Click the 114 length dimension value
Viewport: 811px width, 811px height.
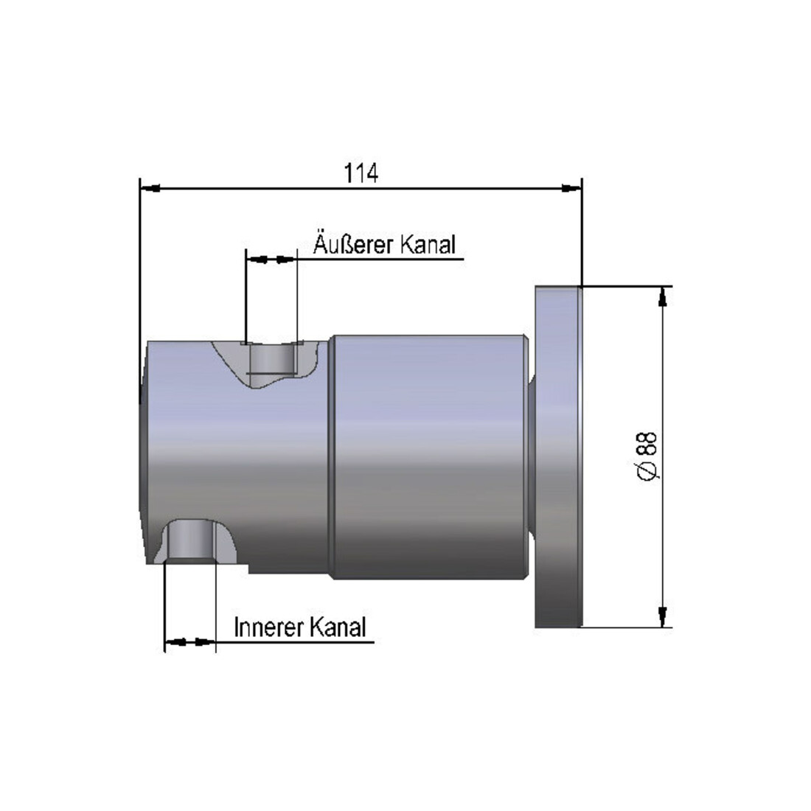click(x=361, y=173)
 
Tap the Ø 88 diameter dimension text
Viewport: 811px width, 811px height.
click(x=647, y=456)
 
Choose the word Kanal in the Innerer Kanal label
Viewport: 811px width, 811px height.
click(x=334, y=627)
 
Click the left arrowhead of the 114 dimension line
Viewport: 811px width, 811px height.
click(x=150, y=188)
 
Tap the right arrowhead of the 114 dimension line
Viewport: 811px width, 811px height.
click(x=571, y=188)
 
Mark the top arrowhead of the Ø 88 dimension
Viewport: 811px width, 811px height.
click(x=663, y=296)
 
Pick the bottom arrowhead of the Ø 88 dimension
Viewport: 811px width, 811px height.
click(x=663, y=617)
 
